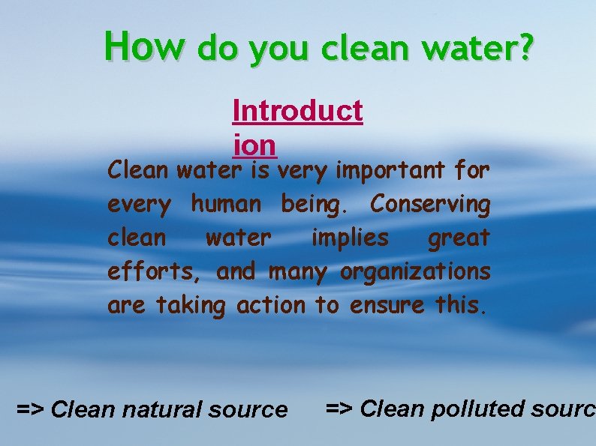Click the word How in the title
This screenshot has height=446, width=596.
pyautogui.click(x=143, y=46)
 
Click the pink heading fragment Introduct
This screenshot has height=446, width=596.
pyautogui.click(x=298, y=111)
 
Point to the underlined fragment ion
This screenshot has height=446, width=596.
pyautogui.click(x=254, y=144)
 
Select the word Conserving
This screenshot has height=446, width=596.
pyautogui.click(x=430, y=205)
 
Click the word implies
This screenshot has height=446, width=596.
pyautogui.click(x=350, y=238)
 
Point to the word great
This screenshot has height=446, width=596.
pyautogui.click(x=459, y=238)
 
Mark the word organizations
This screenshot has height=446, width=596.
pyautogui.click(x=415, y=272)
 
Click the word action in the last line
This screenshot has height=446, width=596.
pyautogui.click(x=271, y=305)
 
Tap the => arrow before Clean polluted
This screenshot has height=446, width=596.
pyautogui.click(x=339, y=409)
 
